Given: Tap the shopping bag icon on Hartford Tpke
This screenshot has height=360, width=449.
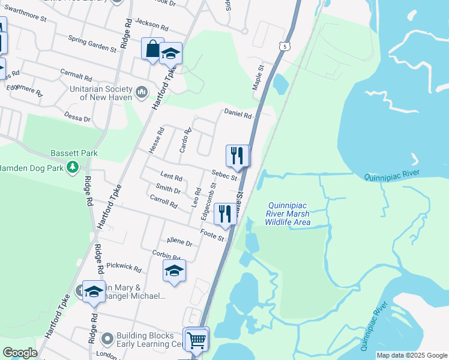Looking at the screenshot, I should (x=152, y=49).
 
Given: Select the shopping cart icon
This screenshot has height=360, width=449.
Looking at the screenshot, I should (x=196, y=340).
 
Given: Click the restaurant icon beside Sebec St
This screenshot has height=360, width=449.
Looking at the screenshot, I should (x=237, y=156).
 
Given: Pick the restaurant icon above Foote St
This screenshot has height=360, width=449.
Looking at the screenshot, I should (x=225, y=214).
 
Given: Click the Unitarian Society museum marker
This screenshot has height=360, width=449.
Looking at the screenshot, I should (x=142, y=92).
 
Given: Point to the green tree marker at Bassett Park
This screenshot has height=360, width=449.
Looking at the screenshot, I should (x=73, y=166).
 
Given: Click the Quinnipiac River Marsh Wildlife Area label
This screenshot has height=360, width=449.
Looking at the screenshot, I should (x=288, y=214).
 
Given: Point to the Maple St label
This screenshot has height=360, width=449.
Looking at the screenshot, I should (x=259, y=77).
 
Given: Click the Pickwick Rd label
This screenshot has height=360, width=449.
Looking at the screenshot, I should (x=123, y=267).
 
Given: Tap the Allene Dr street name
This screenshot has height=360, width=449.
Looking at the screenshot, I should (x=179, y=242).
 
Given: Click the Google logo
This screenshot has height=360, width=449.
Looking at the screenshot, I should (x=20, y=353).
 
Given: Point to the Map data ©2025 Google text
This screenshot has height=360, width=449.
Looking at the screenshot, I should (x=411, y=355).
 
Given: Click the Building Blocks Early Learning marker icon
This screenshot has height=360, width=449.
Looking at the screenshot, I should (x=107, y=338).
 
